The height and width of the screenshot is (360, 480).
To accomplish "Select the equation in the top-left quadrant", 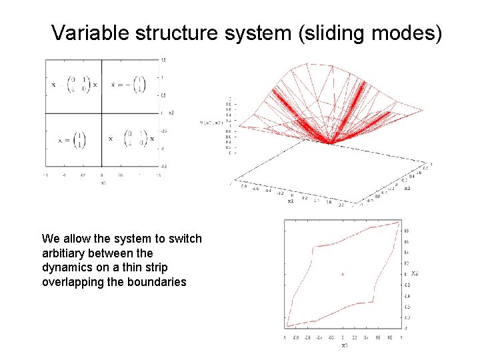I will click(74, 85).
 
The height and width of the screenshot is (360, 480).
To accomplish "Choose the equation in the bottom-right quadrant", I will click(130, 139).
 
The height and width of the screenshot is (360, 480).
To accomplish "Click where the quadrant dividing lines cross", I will click(102, 113).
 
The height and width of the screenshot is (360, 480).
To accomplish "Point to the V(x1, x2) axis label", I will click(212, 123).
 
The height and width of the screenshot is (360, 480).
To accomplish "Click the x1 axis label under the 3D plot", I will click(291, 201).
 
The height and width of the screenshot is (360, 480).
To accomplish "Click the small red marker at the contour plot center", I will click(343, 273).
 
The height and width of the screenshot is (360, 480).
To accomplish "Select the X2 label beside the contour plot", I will click(414, 273).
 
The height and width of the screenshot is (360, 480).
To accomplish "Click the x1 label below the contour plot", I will click(344, 345).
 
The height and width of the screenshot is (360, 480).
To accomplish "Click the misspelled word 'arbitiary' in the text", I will click(62, 253).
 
